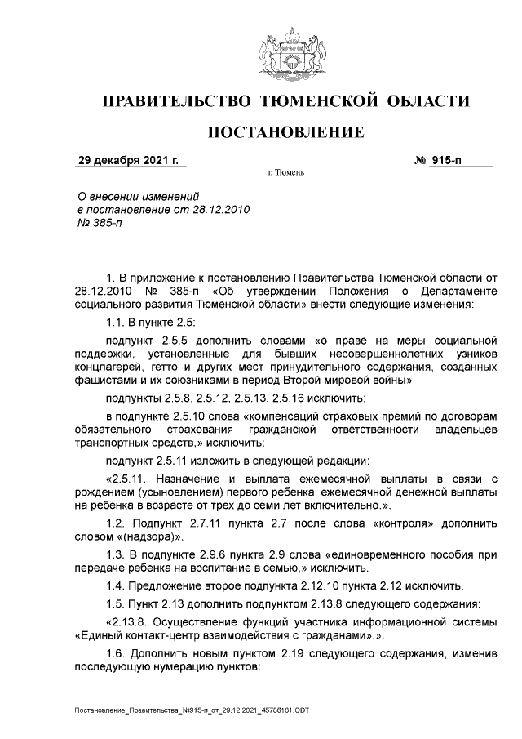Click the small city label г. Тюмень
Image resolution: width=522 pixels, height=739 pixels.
[x=285, y=174]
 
